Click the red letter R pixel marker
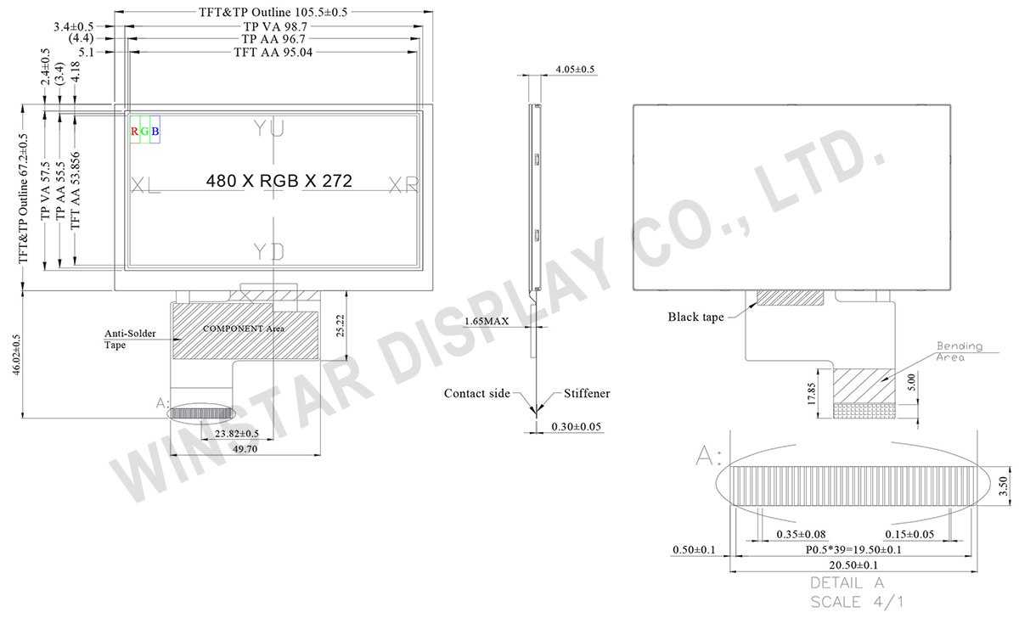click(134, 132)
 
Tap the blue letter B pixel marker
click(155, 132)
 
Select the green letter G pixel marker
click(144, 132)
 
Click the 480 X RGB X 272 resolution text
click(279, 182)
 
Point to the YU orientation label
click(269, 128)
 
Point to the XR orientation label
click(403, 185)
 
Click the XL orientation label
click(146, 185)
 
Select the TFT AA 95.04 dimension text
click(274, 53)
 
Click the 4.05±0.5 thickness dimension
click(575, 69)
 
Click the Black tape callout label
click(695, 317)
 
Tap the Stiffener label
click(587, 394)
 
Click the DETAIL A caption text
click(847, 584)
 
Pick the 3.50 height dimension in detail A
click(1003, 486)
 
